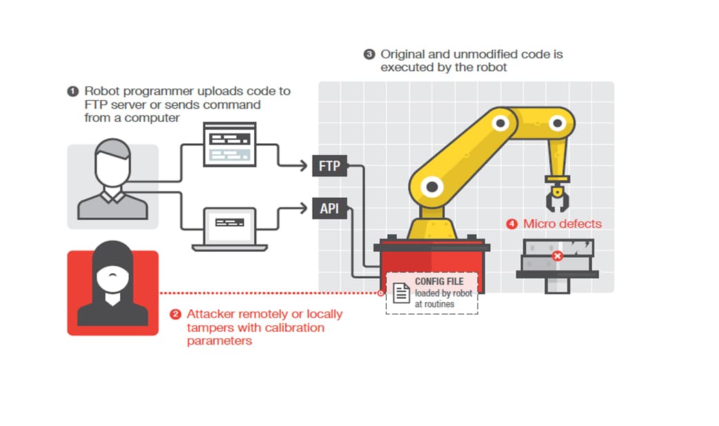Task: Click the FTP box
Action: (x=329, y=166)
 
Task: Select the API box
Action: (x=329, y=208)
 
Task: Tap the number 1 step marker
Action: (x=73, y=91)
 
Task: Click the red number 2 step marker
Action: (x=175, y=315)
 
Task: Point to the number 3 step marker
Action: (x=369, y=54)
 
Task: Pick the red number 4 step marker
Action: (x=512, y=224)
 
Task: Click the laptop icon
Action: (x=230, y=229)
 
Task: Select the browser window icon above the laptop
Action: (x=230, y=144)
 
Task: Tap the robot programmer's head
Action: (x=113, y=162)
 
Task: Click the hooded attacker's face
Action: (x=113, y=275)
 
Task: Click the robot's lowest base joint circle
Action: (x=432, y=187)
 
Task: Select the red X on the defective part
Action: (x=557, y=256)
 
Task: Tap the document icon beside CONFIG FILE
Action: (x=401, y=293)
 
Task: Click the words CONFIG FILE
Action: (x=439, y=281)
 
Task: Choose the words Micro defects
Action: (x=562, y=223)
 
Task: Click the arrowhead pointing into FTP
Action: (x=304, y=165)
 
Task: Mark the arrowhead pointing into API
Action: (x=304, y=208)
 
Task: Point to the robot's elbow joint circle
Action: (x=501, y=123)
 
